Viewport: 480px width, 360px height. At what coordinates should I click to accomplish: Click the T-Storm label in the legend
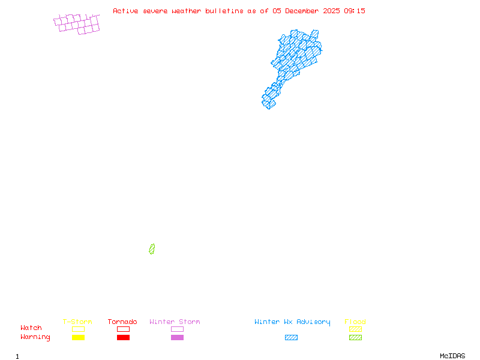point(77,322)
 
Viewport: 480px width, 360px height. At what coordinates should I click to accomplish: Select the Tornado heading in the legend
point(122,322)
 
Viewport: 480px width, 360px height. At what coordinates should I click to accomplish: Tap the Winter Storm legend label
point(175,322)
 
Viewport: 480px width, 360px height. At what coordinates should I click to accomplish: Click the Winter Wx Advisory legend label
point(292,322)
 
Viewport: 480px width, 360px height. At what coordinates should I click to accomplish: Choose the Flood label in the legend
point(355,322)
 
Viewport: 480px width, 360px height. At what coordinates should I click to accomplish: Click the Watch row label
point(31,328)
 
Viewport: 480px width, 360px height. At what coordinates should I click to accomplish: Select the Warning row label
point(35,337)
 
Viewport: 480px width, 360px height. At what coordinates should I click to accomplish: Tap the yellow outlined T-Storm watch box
point(78,329)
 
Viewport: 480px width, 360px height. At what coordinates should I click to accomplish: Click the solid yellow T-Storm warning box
point(78,338)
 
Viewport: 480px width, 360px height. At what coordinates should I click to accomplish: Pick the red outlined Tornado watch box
point(123,329)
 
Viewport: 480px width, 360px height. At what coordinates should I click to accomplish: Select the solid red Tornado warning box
point(123,338)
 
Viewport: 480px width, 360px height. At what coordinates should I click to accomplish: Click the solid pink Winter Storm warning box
point(177,338)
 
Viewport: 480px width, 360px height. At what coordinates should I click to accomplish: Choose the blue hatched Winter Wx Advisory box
point(291,338)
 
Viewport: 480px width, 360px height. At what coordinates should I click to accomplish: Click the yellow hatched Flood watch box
point(355,329)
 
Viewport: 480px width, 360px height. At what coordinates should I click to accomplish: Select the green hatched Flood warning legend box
point(355,338)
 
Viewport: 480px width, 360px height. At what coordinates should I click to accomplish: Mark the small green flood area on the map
point(152,249)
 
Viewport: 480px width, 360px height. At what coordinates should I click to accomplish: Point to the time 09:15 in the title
point(354,11)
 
